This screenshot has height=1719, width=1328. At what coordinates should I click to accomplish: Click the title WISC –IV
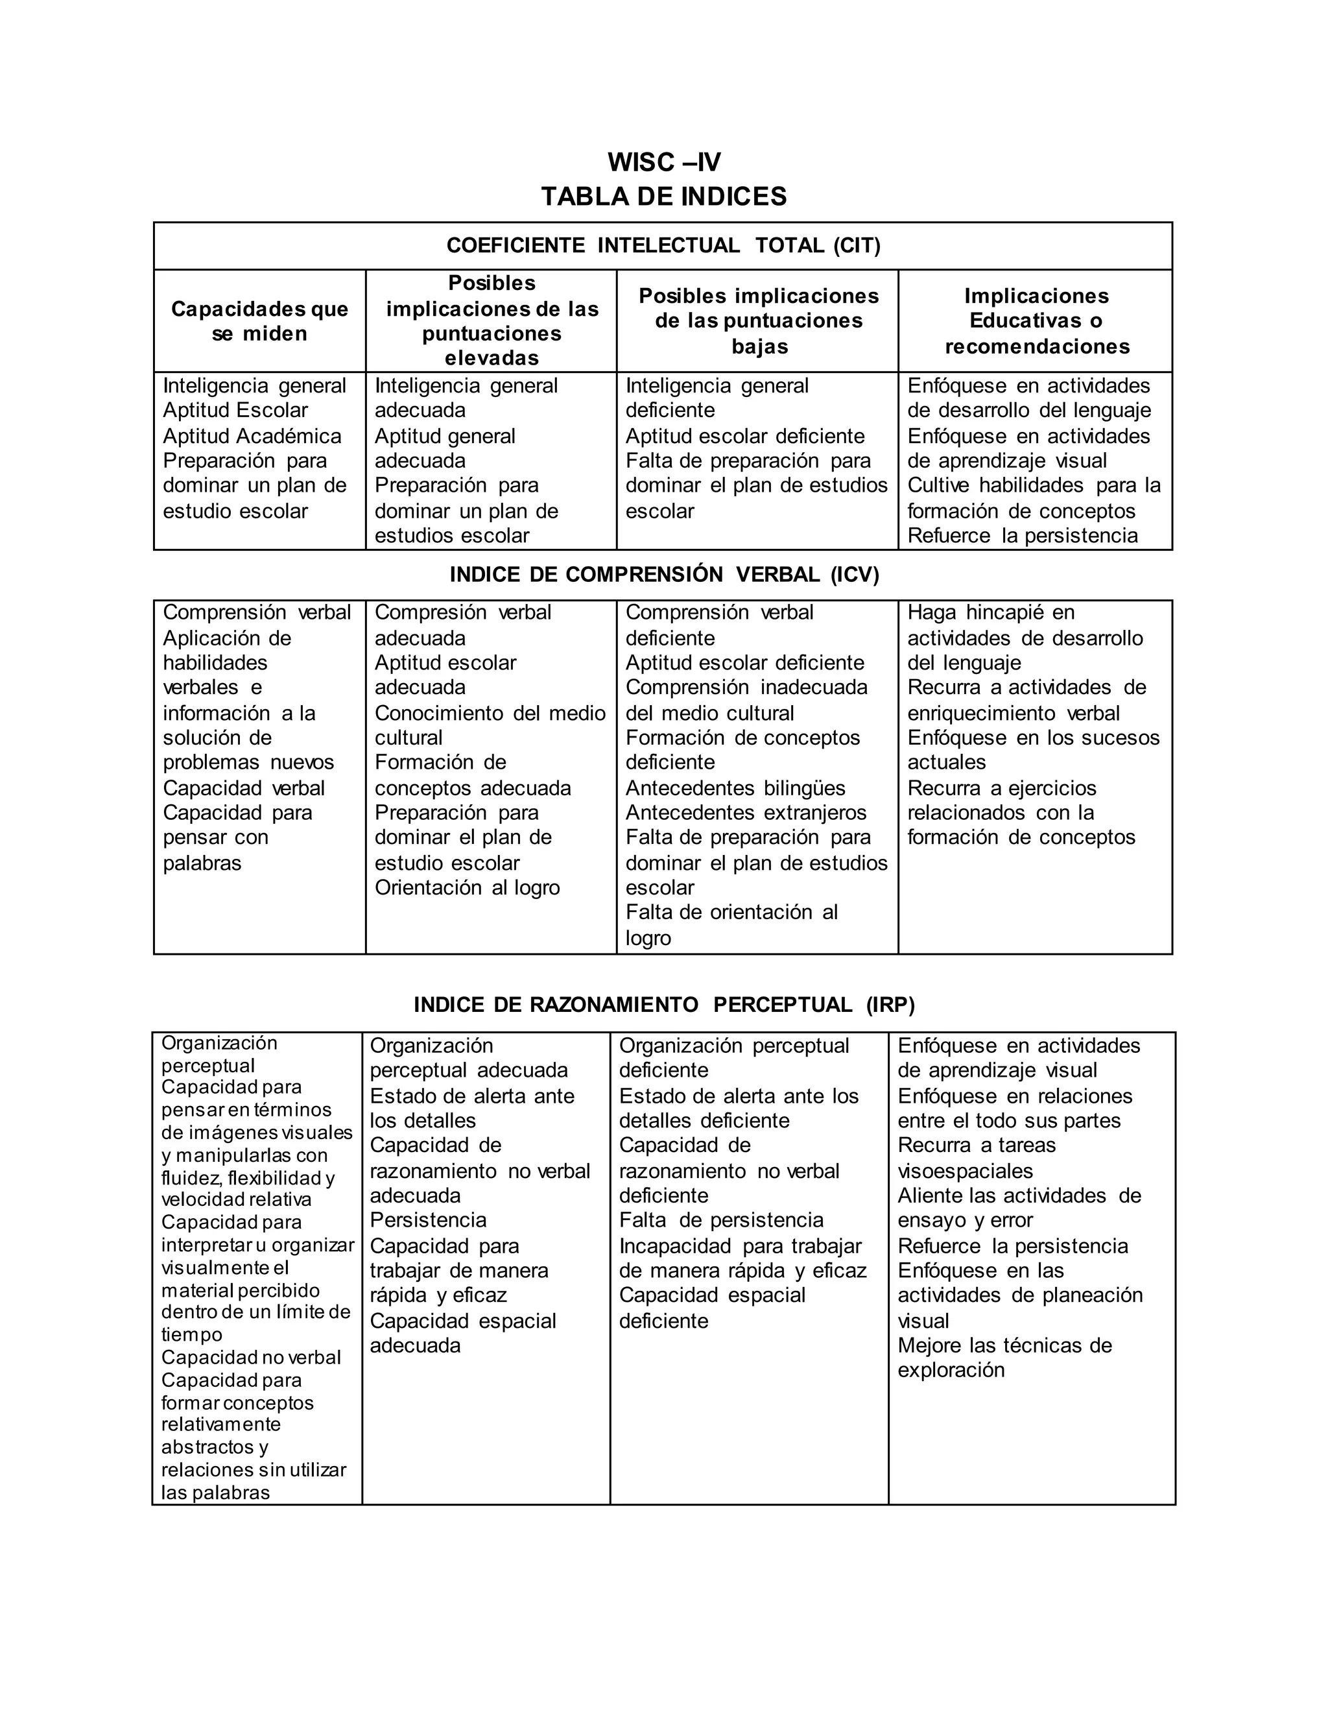pos(663,162)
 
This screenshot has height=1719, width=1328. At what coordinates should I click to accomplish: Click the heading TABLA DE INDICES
pos(663,196)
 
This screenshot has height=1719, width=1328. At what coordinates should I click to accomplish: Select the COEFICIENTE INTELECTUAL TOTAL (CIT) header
pos(663,246)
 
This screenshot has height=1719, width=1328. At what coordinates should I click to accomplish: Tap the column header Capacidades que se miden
pos(259,320)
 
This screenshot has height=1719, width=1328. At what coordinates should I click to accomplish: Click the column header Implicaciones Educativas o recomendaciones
pos(1036,320)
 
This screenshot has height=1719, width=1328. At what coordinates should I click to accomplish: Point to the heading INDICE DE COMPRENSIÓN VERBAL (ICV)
pos(663,575)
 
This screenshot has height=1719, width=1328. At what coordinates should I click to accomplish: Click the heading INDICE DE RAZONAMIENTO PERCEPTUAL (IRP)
pos(663,1004)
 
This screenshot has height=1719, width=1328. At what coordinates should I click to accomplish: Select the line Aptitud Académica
pos(252,436)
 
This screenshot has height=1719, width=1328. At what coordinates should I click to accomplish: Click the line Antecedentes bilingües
pos(735,788)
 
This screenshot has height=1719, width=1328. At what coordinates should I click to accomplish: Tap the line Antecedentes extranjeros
pos(745,812)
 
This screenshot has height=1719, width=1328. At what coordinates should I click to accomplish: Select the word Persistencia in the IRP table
pos(428,1220)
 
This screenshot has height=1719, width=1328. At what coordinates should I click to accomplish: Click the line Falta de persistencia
pos(720,1220)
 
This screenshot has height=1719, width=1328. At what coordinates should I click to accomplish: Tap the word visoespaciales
pos(964,1170)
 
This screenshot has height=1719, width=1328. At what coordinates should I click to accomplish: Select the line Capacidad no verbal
pos(251,1357)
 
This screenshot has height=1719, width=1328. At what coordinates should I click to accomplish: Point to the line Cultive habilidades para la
pos(1033,486)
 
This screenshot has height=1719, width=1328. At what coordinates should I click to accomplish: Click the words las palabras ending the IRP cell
pos(215,1493)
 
